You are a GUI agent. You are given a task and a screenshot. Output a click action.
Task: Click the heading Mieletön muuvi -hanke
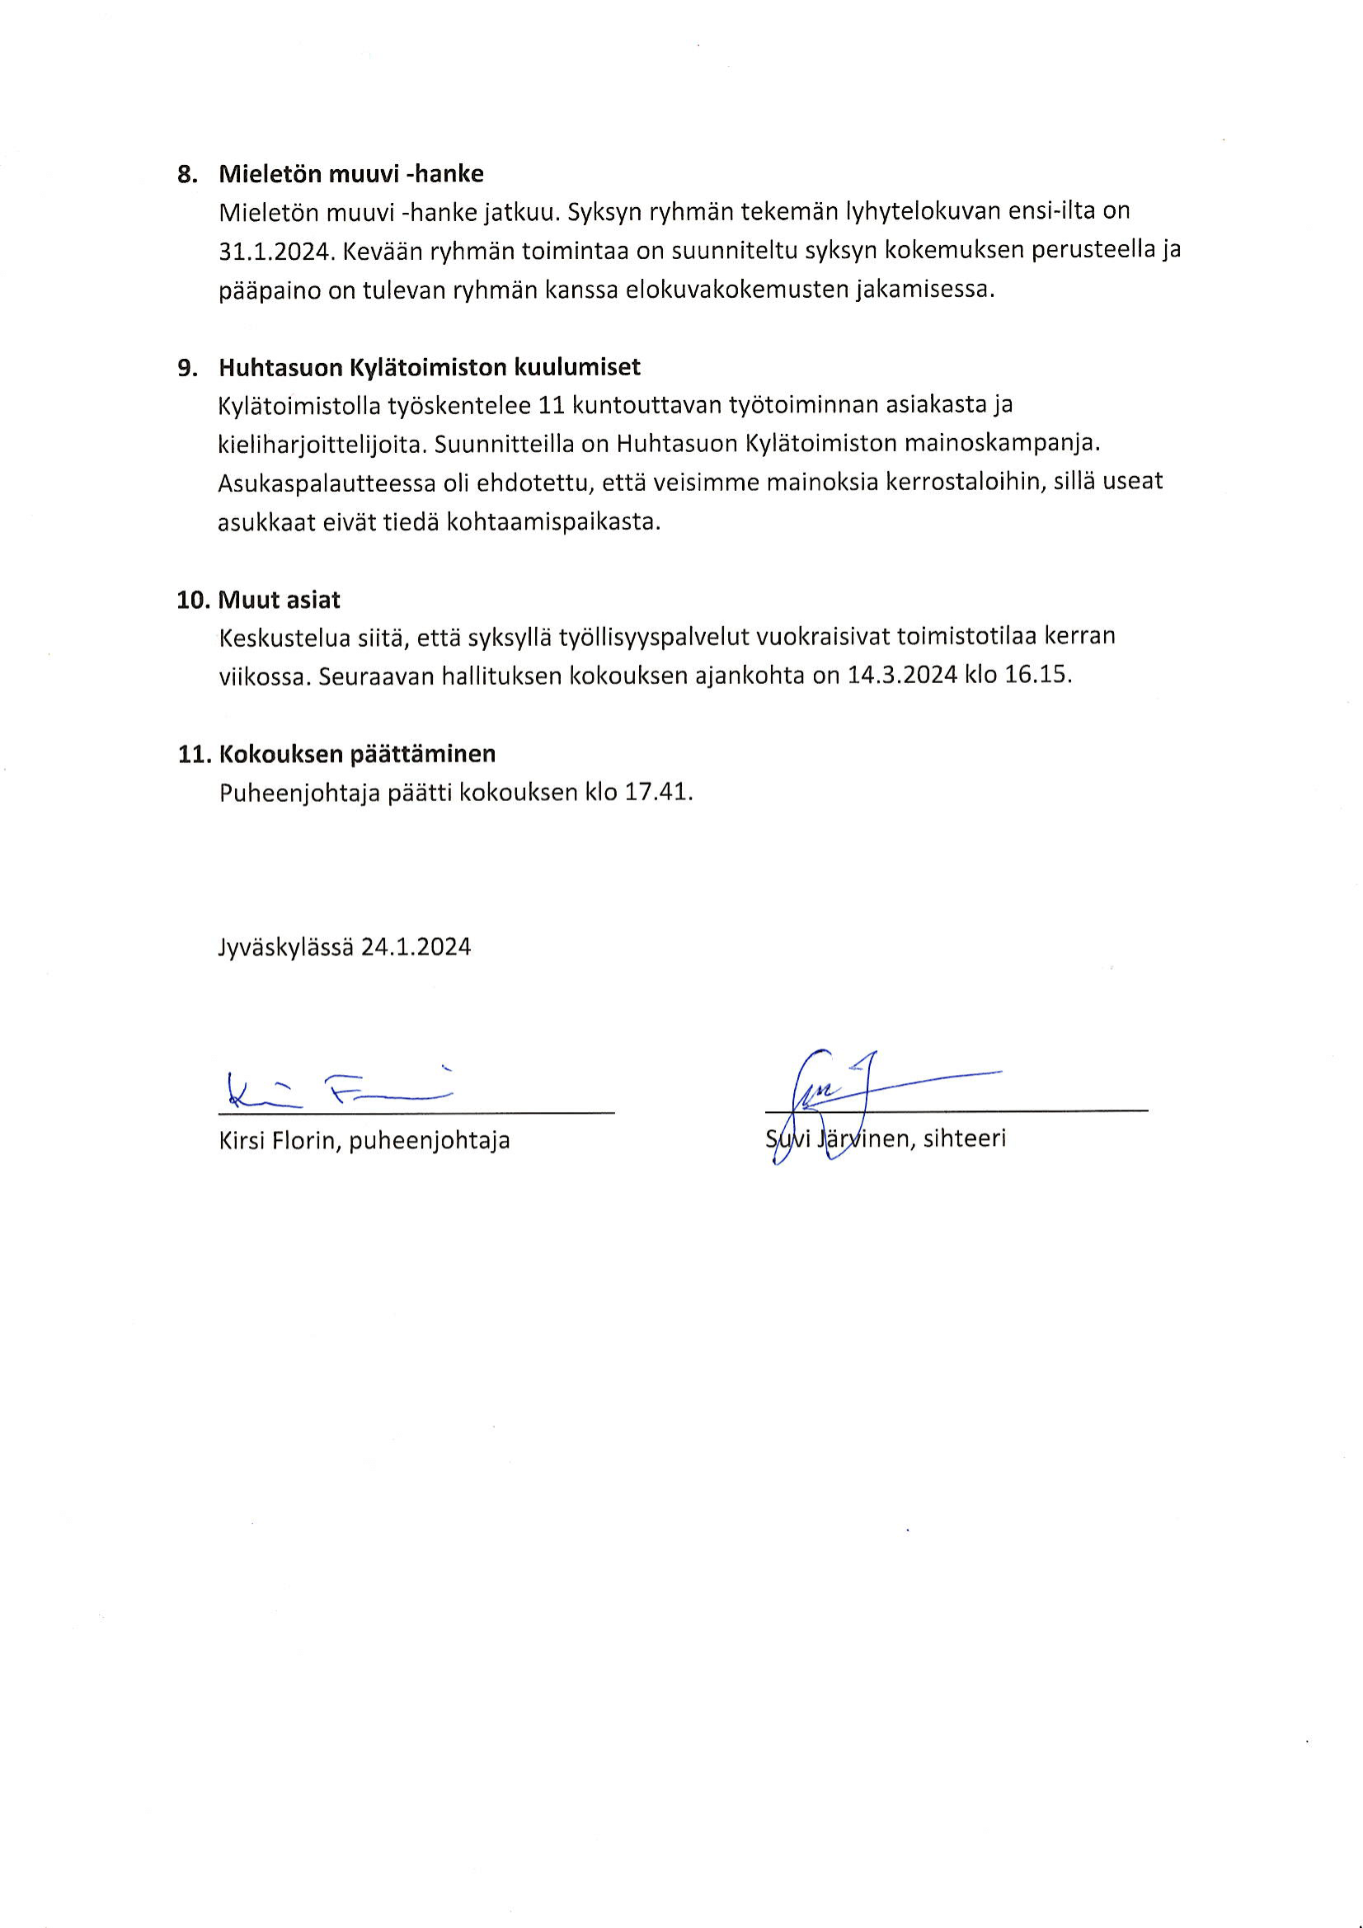point(350,174)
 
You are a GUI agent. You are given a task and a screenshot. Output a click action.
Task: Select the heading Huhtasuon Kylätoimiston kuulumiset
point(429,367)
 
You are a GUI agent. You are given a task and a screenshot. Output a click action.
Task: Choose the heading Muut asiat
point(279,600)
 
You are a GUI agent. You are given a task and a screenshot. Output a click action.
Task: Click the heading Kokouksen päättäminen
point(357,753)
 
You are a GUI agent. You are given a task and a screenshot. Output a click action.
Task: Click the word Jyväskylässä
point(285,947)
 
